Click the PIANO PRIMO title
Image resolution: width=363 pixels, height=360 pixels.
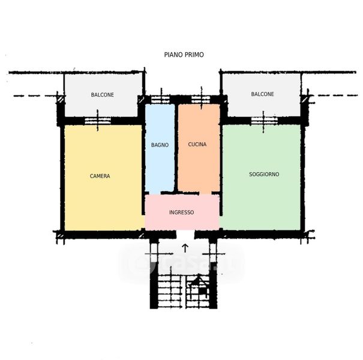click(x=184, y=55)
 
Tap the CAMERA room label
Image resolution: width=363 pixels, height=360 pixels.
click(x=100, y=176)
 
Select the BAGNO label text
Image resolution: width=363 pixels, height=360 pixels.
click(x=160, y=145)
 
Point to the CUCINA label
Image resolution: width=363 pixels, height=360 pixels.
click(x=197, y=145)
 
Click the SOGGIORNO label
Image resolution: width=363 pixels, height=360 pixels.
click(x=264, y=175)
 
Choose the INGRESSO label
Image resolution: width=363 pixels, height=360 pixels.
click(x=181, y=212)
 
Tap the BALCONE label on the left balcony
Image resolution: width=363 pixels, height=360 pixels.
click(x=103, y=95)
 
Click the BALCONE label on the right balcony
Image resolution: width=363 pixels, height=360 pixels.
click(x=263, y=94)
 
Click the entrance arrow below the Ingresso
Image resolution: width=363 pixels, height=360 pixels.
click(x=185, y=248)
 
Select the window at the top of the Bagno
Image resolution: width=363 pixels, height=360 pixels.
click(x=160, y=100)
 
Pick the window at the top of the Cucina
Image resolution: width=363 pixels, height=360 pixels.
click(x=201, y=100)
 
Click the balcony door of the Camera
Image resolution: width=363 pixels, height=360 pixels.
click(x=98, y=121)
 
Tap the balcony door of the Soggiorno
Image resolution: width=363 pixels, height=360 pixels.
click(x=264, y=121)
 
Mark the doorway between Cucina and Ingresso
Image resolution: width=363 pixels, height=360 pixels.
click(x=205, y=193)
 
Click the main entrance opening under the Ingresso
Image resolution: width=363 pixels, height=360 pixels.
click(x=185, y=234)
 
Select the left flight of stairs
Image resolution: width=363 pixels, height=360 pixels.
click(x=170, y=292)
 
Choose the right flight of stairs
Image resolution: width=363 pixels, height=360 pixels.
click(x=198, y=292)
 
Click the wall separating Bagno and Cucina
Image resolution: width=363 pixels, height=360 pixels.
click(x=176, y=148)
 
